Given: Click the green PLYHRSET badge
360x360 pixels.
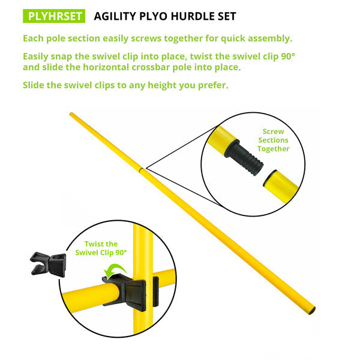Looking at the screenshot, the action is [x=54, y=16].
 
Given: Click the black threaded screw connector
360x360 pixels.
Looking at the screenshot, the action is [x=244, y=157].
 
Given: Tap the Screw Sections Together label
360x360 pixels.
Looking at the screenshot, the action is [x=273, y=140].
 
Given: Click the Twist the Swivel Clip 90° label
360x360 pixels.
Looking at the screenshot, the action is [x=101, y=248].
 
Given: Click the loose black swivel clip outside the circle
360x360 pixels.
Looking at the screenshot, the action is [x=48, y=264].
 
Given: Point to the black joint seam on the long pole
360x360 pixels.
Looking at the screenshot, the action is [x=142, y=170].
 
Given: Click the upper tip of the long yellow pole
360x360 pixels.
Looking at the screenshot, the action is [x=71, y=114].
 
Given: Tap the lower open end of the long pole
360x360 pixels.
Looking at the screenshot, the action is [x=312, y=310].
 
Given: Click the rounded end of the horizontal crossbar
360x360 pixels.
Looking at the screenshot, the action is [x=113, y=293].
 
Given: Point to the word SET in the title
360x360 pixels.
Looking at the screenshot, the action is [x=227, y=16].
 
